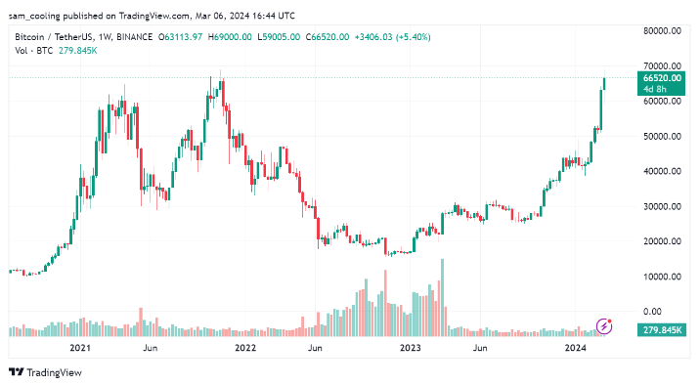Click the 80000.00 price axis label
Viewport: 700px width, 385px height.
tap(663, 31)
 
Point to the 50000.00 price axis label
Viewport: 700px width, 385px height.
tap(663, 136)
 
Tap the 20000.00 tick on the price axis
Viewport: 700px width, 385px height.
tap(663, 241)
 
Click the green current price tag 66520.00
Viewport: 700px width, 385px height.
tap(662, 77)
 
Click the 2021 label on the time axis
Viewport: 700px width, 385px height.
tap(80, 348)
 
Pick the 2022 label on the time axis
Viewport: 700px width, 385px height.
tap(245, 348)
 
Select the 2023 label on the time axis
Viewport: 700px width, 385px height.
tap(411, 348)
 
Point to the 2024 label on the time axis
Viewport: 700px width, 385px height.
tap(576, 348)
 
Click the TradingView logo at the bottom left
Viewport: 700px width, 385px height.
tap(45, 372)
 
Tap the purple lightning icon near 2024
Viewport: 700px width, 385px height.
tap(604, 325)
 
